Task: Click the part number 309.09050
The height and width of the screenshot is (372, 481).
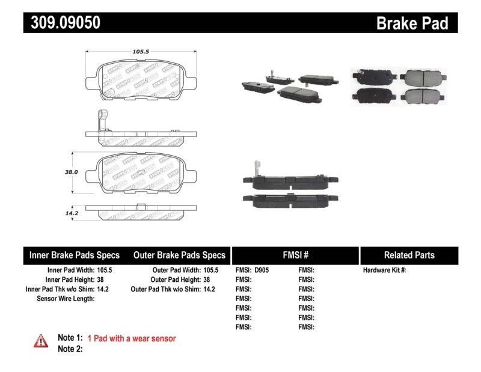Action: click(62, 23)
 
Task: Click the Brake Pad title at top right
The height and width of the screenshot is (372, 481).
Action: click(412, 23)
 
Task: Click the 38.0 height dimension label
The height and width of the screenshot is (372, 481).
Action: click(72, 171)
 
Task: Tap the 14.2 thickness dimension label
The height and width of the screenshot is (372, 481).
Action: click(72, 212)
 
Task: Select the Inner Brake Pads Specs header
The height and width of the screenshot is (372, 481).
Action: click(75, 255)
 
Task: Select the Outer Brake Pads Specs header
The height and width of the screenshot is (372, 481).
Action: click(179, 255)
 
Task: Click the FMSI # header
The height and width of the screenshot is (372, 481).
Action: click(295, 255)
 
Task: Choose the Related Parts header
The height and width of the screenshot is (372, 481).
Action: click(409, 255)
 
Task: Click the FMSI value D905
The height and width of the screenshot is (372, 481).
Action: click(262, 270)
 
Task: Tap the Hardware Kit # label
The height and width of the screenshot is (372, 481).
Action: click(384, 270)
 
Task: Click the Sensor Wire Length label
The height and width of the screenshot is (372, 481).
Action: click(65, 298)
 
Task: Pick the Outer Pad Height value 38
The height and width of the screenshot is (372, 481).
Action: click(206, 279)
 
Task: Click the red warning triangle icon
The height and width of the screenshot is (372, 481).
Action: click(40, 340)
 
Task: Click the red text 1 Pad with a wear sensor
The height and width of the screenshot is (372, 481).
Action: click(132, 338)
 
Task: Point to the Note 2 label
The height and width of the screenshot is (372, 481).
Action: click(70, 349)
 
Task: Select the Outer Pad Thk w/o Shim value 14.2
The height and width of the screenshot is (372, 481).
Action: click(209, 289)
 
